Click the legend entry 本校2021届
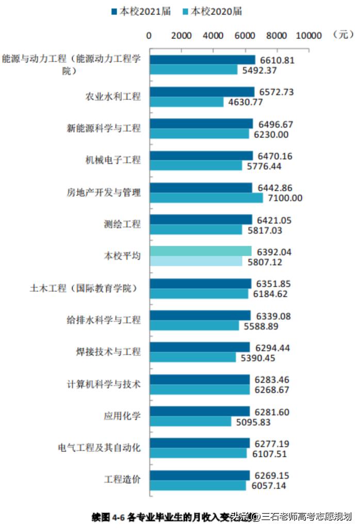140,11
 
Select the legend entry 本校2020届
211,11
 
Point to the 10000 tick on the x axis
308,36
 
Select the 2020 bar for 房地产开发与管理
206,198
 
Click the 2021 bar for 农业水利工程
202,92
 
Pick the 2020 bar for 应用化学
190,421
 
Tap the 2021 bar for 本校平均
201,251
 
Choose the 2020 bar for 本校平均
196,262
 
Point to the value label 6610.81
276,60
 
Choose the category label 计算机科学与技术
104,384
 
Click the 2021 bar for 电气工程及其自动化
200,443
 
